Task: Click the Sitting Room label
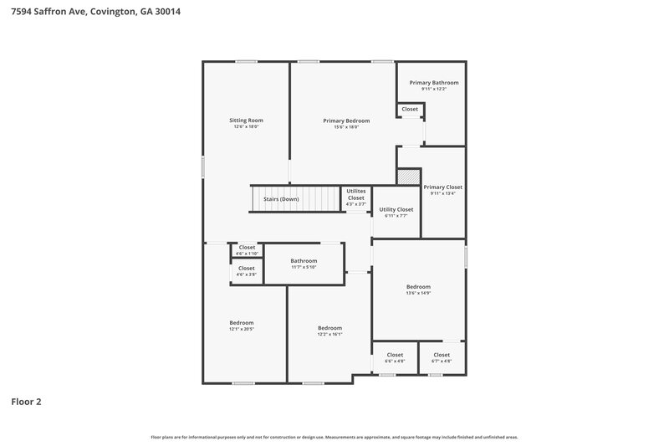point(246,120)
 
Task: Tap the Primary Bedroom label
point(346,120)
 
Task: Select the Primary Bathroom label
point(433,83)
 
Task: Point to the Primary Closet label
point(442,187)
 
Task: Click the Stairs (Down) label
point(281,199)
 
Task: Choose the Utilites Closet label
point(356,194)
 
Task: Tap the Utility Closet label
point(396,209)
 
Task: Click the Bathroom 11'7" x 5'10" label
point(304,261)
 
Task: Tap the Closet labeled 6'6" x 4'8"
point(395,355)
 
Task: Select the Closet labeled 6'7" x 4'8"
point(442,355)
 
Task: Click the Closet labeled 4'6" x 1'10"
point(247,248)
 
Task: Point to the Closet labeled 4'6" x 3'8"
point(247,269)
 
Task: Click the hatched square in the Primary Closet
point(407,177)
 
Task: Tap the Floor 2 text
point(26,402)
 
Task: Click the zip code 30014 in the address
point(167,12)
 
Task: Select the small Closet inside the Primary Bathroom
point(410,110)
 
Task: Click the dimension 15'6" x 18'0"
point(346,127)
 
